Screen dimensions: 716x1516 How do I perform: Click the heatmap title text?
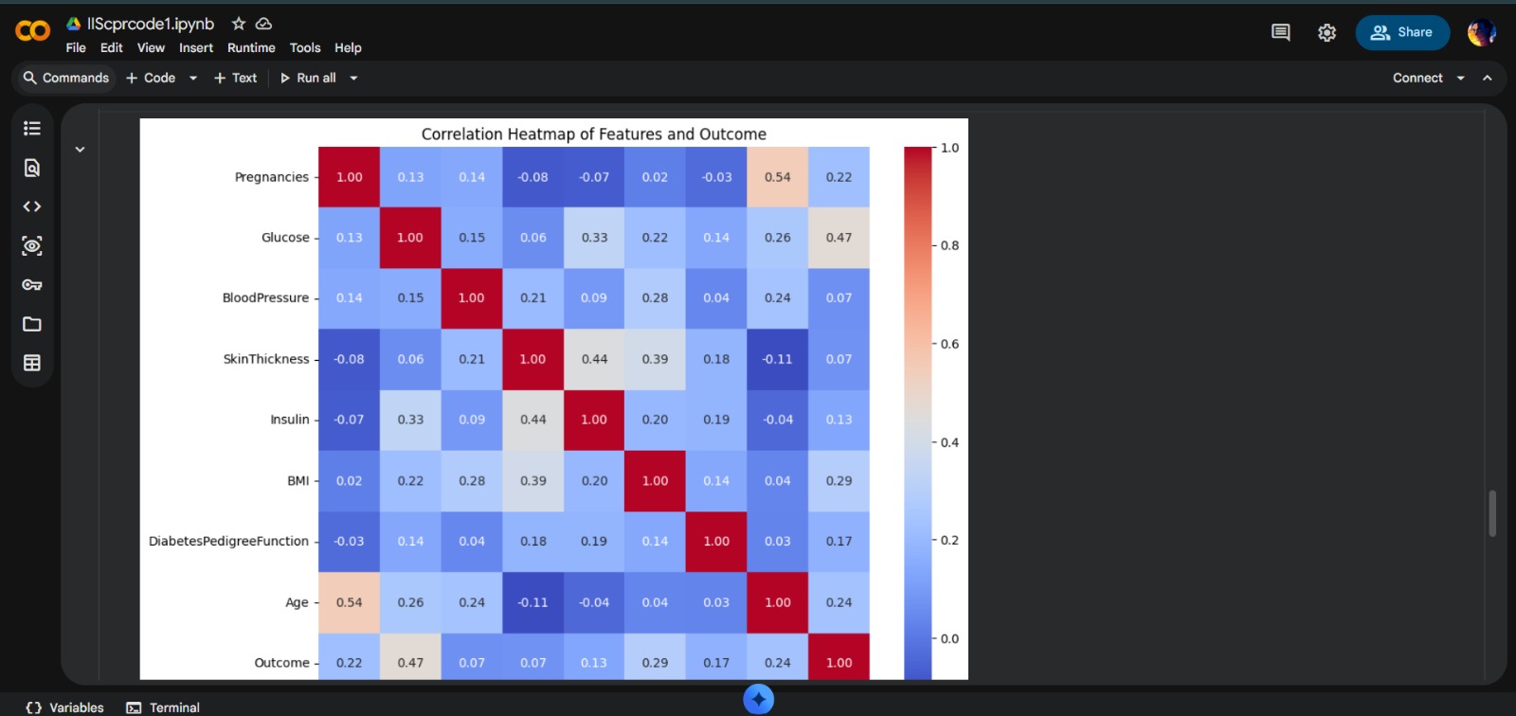(593, 134)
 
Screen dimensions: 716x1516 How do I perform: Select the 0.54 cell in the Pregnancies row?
(777, 177)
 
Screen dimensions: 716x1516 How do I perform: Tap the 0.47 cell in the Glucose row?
(839, 238)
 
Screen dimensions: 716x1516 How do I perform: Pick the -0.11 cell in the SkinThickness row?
(777, 359)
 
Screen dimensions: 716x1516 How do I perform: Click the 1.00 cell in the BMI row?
(655, 480)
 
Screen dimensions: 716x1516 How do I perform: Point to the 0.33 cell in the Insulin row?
(410, 420)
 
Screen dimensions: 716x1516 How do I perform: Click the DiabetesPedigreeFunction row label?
(228, 541)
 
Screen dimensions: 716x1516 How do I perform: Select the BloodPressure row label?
(265, 297)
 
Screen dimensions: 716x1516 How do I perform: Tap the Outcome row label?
(281, 663)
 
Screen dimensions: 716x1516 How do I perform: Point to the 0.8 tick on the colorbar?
(949, 245)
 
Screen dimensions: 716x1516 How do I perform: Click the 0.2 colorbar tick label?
(949, 540)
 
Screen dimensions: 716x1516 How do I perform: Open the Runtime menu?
(251, 47)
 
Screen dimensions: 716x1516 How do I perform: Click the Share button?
(1402, 32)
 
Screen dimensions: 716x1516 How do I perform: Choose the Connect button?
(1417, 78)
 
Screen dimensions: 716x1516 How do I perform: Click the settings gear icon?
(1326, 32)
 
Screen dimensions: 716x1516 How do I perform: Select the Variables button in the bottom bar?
(65, 707)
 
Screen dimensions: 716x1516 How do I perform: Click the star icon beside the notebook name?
(239, 24)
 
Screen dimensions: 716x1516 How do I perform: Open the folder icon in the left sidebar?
(32, 324)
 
